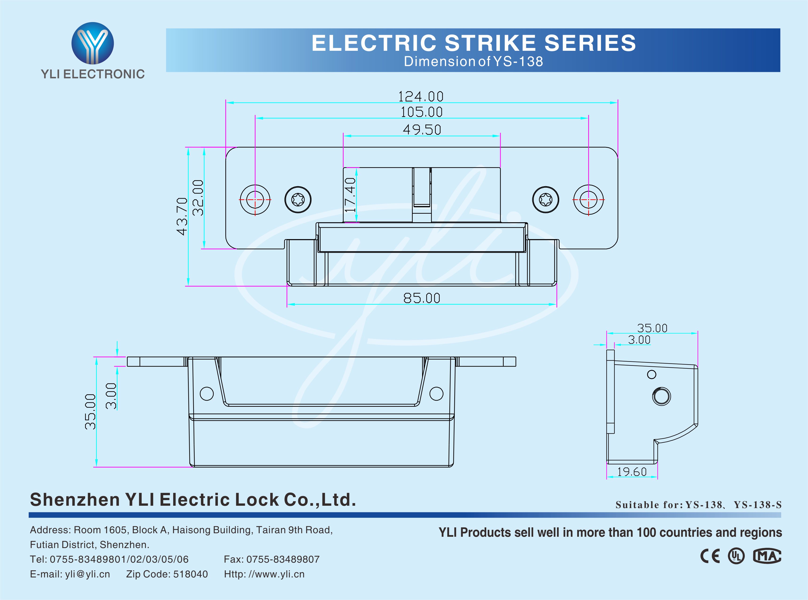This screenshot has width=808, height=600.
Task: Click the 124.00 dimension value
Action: pyautogui.click(x=421, y=97)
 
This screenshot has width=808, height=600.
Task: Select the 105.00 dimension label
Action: pyautogui.click(x=421, y=112)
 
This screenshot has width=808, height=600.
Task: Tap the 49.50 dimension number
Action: pyautogui.click(x=422, y=130)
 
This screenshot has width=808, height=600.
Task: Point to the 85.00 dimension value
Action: pyautogui.click(x=421, y=298)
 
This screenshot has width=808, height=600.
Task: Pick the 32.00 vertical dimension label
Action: pyautogui.click(x=198, y=198)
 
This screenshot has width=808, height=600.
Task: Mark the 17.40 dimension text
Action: pyautogui.click(x=350, y=195)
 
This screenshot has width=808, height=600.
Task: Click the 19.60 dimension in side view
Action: pyautogui.click(x=632, y=472)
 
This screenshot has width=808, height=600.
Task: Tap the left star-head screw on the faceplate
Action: pyautogui.click(x=298, y=200)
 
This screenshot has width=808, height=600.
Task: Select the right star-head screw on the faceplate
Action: pyautogui.click(x=545, y=200)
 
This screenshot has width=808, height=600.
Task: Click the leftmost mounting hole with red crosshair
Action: pyautogui.click(x=255, y=200)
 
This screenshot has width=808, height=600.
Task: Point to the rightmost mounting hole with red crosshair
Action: pyautogui.click(x=588, y=200)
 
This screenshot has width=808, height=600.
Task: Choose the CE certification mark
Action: pyautogui.click(x=710, y=556)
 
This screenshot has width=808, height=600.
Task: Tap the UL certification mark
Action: pyautogui.click(x=736, y=556)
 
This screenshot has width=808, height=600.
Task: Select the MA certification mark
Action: pyautogui.click(x=767, y=556)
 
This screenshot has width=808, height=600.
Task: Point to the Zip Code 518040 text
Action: pyautogui.click(x=167, y=574)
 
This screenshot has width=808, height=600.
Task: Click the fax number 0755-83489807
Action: pyautogui.click(x=283, y=559)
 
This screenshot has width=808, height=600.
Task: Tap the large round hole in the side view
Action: pyautogui.click(x=661, y=396)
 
